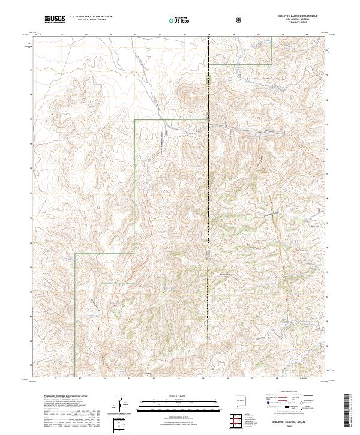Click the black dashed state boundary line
tap(208, 180)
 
